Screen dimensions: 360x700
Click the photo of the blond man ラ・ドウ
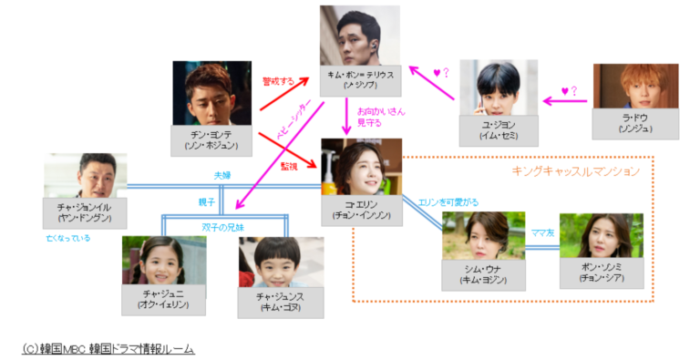click(634, 87)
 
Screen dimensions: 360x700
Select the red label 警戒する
click(278, 81)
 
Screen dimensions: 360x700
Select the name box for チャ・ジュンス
click(281, 306)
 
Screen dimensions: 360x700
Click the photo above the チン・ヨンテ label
click(211, 93)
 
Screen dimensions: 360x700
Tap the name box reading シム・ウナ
click(483, 275)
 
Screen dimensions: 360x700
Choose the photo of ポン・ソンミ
click(601, 235)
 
